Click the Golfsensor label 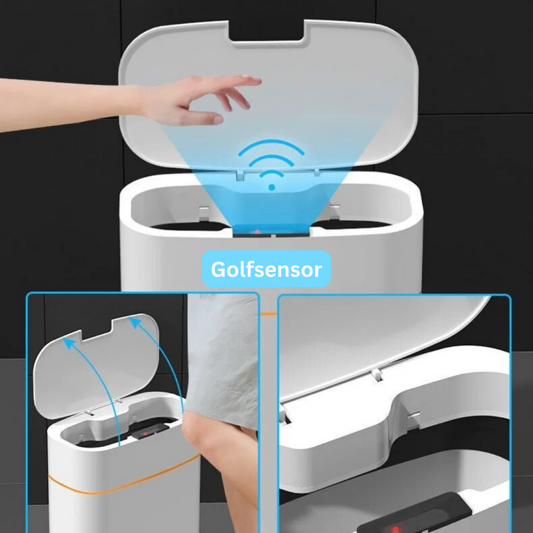click(x=266, y=269)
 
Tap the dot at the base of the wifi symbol click(x=272, y=187)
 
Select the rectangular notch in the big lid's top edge click(x=266, y=31)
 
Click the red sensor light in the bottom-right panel click(x=395, y=529)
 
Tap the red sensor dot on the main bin click(x=257, y=232)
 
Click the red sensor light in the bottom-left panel click(x=145, y=434)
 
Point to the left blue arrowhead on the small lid click(x=69, y=342)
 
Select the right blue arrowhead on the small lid click(x=135, y=322)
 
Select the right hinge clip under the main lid click(x=316, y=173)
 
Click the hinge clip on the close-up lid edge click(x=377, y=374)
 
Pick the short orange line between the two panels click(x=268, y=314)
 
